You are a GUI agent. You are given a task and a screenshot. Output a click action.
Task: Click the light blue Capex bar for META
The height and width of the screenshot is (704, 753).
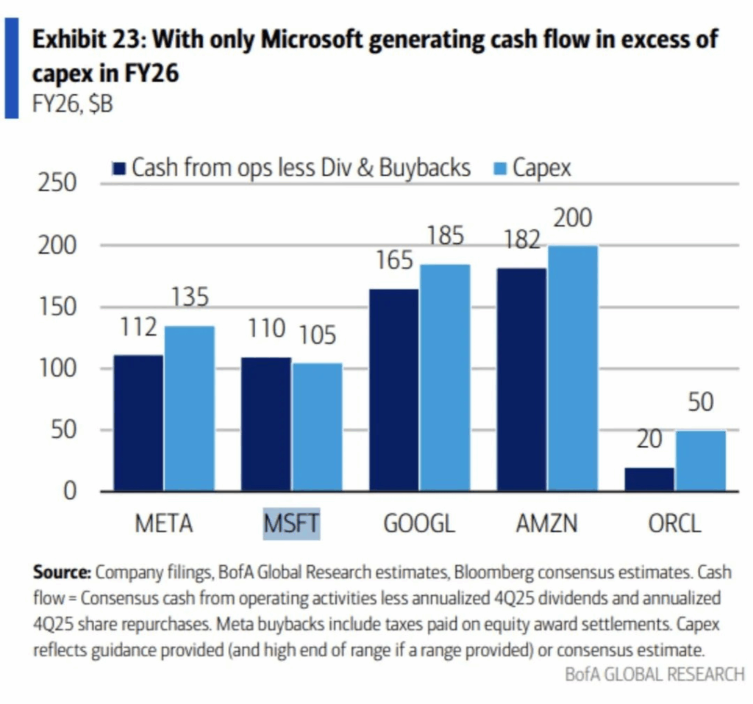(x=190, y=408)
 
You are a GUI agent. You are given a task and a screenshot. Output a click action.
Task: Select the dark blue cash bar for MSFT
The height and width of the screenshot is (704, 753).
(x=266, y=424)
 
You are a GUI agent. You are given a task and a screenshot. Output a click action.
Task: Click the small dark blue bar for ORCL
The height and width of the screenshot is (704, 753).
(x=650, y=479)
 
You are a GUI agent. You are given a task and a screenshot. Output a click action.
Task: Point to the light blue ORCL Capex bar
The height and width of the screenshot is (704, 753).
(x=701, y=461)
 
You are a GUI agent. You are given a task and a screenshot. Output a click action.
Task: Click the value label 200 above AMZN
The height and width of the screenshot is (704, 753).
(x=573, y=219)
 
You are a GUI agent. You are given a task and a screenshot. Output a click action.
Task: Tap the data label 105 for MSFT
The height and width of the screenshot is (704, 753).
(x=317, y=336)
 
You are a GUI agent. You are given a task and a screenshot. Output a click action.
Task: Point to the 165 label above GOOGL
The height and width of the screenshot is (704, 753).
(x=394, y=260)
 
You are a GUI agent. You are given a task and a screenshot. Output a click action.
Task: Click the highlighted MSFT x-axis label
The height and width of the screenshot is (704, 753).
(x=292, y=524)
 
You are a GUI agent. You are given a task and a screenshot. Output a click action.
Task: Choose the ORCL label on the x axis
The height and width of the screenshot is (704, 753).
(x=675, y=524)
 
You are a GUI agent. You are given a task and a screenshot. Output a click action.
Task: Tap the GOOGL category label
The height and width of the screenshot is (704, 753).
(x=419, y=524)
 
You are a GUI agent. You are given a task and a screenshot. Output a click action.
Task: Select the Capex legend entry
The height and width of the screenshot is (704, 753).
(x=534, y=168)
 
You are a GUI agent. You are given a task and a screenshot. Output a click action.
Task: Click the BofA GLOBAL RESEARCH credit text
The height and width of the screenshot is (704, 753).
(x=654, y=674)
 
